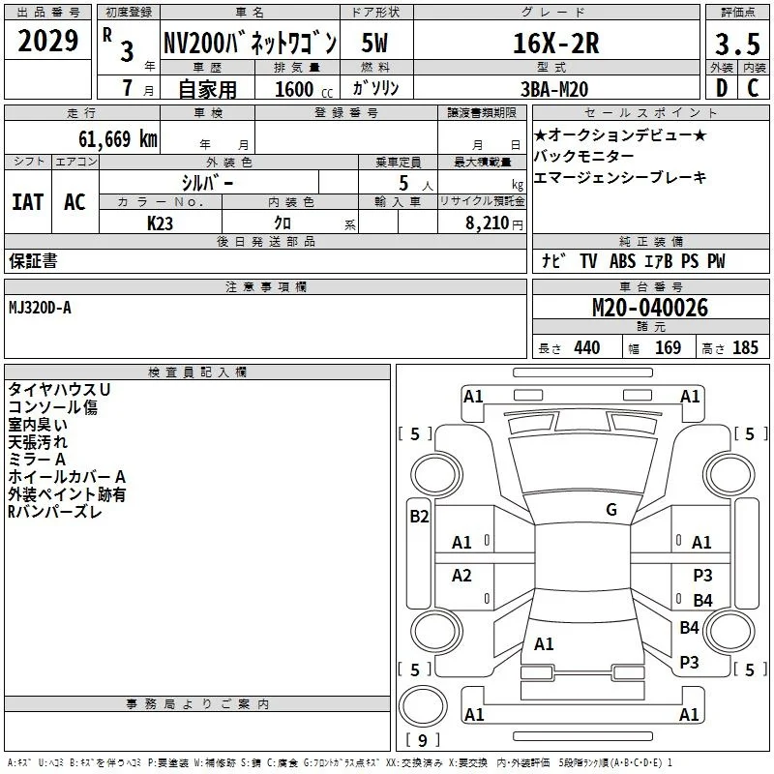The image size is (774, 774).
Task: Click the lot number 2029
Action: point(47,41)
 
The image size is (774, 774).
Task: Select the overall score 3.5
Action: point(737,44)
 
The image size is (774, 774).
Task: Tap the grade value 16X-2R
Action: point(555,44)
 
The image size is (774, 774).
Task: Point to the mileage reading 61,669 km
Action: point(117,139)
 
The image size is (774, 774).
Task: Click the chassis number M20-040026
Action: point(649,308)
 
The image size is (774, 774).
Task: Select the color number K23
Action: point(160,223)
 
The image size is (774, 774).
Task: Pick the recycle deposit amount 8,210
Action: point(488,223)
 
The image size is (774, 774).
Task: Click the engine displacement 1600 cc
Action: point(304,89)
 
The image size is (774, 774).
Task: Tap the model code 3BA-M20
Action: point(554,89)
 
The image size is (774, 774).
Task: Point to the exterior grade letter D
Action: point(722,88)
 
